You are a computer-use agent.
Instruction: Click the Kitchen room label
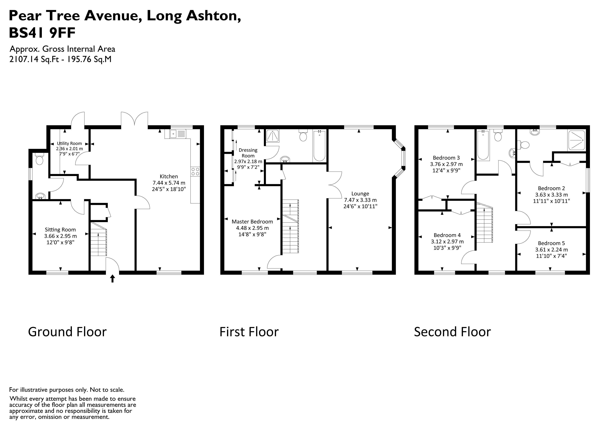(169, 177)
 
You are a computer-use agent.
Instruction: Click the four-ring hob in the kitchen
(195, 171)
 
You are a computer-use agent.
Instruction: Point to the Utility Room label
(69, 143)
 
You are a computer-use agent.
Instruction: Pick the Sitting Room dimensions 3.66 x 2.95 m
(60, 236)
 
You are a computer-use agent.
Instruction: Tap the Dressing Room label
(248, 153)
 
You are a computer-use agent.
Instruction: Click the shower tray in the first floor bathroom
(272, 136)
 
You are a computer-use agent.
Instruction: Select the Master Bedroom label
(252, 222)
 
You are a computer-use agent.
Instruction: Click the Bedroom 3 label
(446, 158)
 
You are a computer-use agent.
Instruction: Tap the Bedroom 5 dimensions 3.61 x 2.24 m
(551, 250)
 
